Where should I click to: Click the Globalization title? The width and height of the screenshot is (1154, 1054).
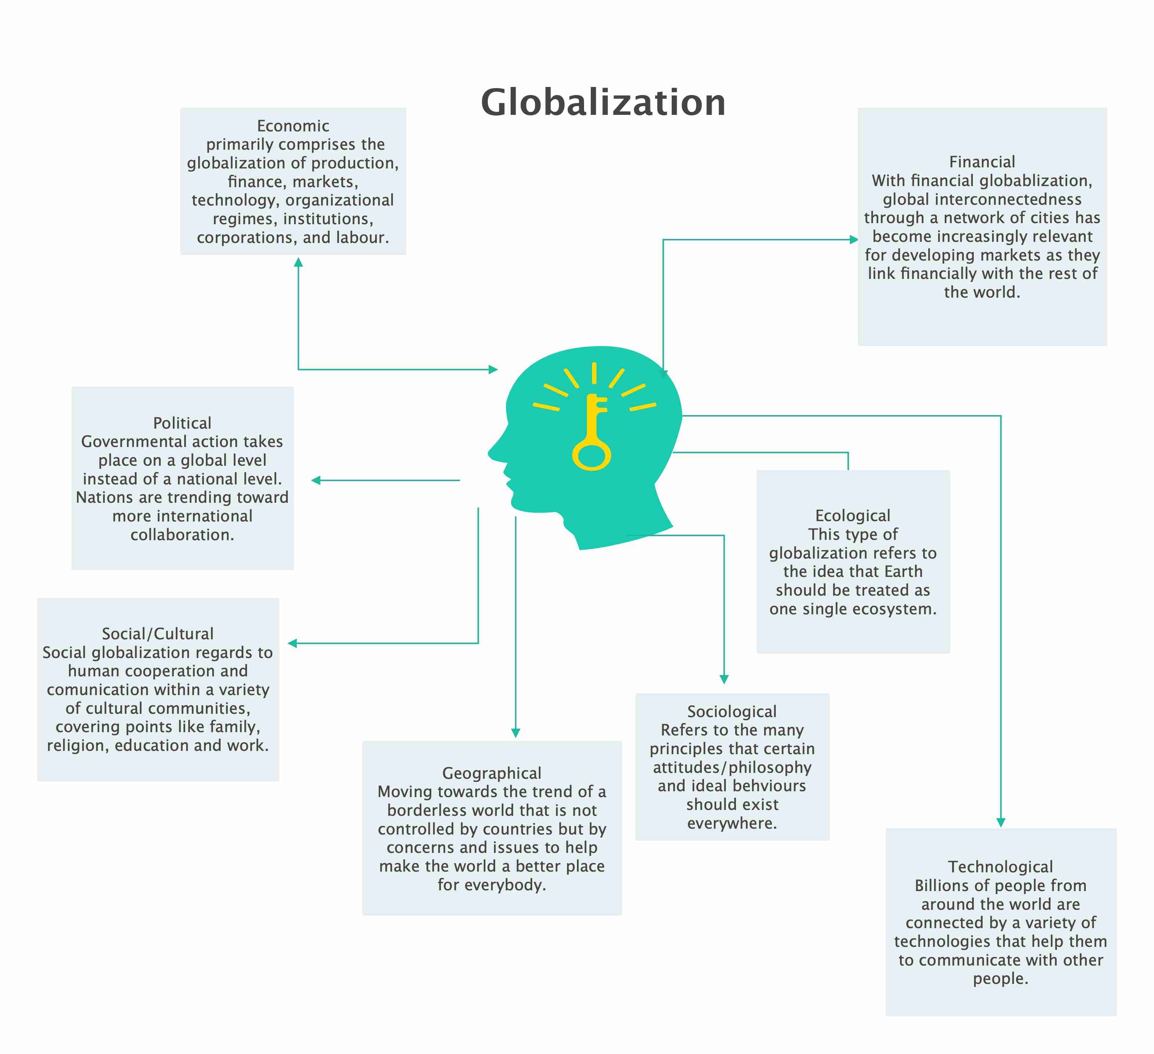pyautogui.click(x=603, y=103)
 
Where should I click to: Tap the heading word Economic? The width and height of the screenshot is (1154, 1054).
pyautogui.click(x=293, y=126)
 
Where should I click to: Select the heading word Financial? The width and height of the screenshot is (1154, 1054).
pyautogui.click(x=982, y=162)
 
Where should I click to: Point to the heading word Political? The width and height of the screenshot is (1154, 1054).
pyautogui.click(x=182, y=423)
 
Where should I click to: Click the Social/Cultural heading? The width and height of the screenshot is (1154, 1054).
pyautogui.click(x=157, y=633)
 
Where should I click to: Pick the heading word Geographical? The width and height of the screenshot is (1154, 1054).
pyautogui.click(x=492, y=773)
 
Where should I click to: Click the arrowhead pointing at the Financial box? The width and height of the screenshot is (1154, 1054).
pyautogui.click(x=853, y=240)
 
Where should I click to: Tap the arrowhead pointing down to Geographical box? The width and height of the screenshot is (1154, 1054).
pyautogui.click(x=515, y=733)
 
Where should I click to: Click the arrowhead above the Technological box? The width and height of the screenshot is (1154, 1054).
pyautogui.click(x=1001, y=823)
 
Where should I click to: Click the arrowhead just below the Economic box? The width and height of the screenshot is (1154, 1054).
pyautogui.click(x=298, y=262)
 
